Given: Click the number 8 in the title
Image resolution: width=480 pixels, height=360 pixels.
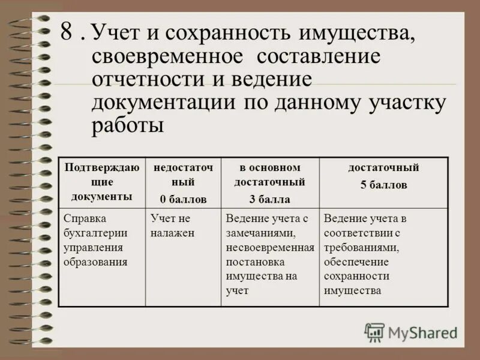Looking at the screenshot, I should [x=68, y=34].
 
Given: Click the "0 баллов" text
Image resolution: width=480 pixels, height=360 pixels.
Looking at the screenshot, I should [x=182, y=199].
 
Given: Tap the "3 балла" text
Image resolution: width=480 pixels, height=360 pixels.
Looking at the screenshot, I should [x=269, y=199].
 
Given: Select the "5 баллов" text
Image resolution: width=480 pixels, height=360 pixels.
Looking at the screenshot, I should [x=383, y=185].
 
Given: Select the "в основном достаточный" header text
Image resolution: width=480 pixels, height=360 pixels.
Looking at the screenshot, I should [x=269, y=175].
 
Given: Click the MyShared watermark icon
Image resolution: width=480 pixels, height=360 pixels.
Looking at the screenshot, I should [x=374, y=332].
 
